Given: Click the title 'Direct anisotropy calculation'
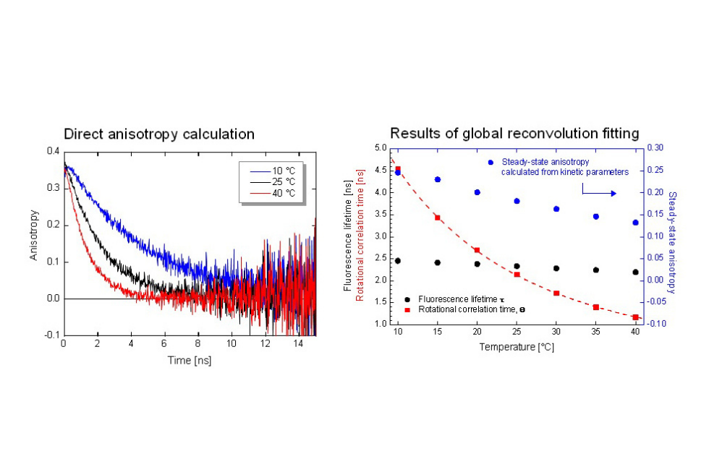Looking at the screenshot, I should (159, 134).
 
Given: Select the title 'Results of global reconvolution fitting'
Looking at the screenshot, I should (514, 133).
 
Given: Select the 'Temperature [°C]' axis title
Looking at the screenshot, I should (517, 347).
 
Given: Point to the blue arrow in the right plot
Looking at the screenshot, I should (599, 193).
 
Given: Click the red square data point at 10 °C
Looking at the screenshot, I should (398, 169).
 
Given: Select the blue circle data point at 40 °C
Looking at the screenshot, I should (635, 223).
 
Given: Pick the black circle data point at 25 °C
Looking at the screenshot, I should (517, 266).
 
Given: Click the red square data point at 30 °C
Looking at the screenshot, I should (556, 293).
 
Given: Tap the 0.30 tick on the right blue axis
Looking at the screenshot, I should (655, 148).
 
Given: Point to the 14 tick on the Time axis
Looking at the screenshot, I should (298, 344).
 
